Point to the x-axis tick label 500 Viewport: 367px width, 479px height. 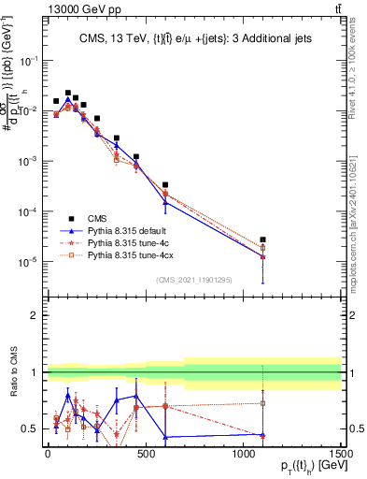pyautogui.click(x=146, y=453)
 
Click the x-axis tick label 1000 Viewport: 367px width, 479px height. pyautogui.click(x=244, y=453)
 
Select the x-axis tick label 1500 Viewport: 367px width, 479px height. pyautogui.click(x=341, y=453)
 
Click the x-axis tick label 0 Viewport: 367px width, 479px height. pyautogui.click(x=48, y=453)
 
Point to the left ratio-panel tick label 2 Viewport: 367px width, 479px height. pyautogui.click(x=35, y=315)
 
